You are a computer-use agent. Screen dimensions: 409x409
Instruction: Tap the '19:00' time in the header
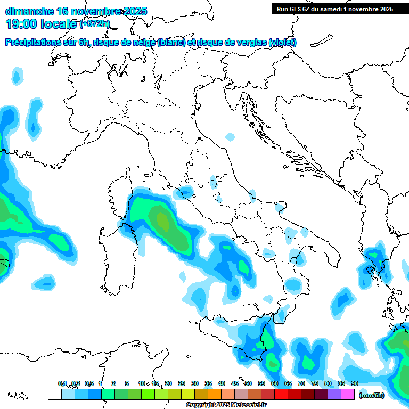[20, 23]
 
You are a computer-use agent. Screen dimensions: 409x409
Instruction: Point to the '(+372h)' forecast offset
[95, 24]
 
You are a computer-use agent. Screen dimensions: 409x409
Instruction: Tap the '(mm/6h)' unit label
[372, 395]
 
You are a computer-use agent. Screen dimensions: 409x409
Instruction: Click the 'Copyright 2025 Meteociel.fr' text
[226, 405]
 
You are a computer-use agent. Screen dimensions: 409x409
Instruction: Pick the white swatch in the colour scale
[54, 395]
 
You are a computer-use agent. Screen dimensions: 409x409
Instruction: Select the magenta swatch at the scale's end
[348, 395]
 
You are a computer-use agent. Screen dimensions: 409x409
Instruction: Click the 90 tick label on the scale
[354, 383]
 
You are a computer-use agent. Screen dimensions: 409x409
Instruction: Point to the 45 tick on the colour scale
[235, 383]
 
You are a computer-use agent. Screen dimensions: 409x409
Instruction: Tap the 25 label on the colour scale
[182, 383]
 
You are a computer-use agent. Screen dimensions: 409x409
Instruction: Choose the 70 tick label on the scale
[301, 383]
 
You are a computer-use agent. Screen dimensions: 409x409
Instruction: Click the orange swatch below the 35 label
[214, 395]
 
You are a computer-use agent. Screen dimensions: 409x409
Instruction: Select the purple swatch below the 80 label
[334, 395]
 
